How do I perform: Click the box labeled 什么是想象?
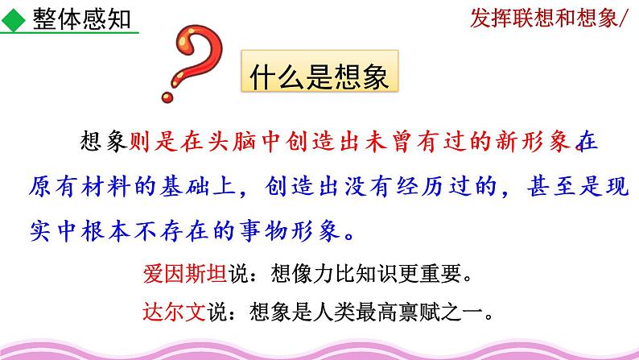click(320, 77)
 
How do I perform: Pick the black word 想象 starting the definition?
click(105, 143)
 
